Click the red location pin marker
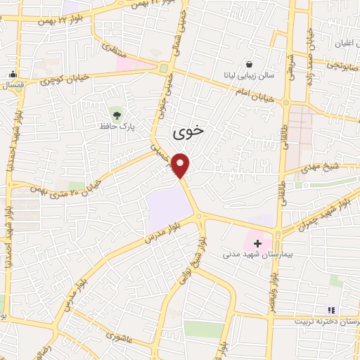[x=181, y=165]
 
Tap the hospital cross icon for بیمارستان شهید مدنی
[x=258, y=243]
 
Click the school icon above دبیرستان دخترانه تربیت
[x=331, y=309]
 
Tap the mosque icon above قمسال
[x=12, y=75]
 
